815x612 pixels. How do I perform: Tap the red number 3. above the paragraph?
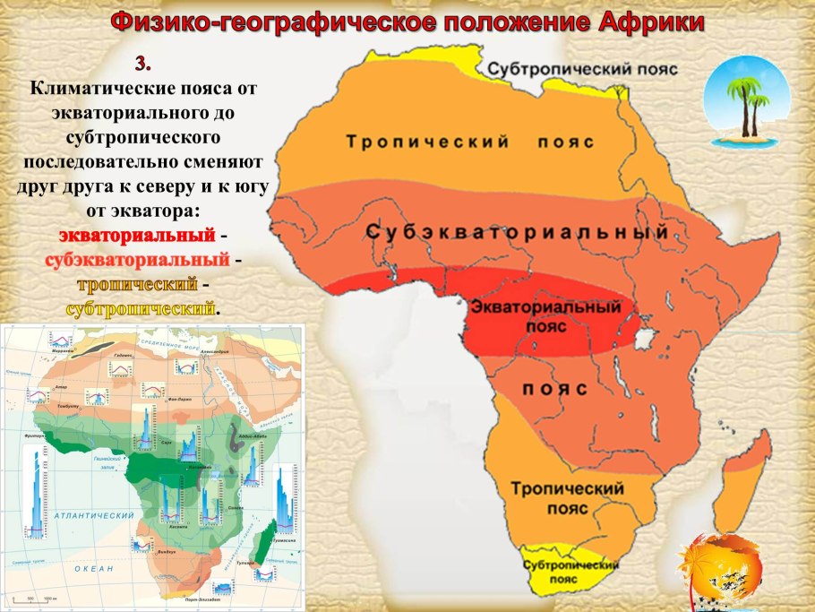click(x=143, y=65)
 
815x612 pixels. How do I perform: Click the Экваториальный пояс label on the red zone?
click(x=545, y=316)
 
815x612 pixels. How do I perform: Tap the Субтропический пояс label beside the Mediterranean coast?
click(x=583, y=69)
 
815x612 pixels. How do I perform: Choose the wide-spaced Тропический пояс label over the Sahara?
click(x=469, y=142)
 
